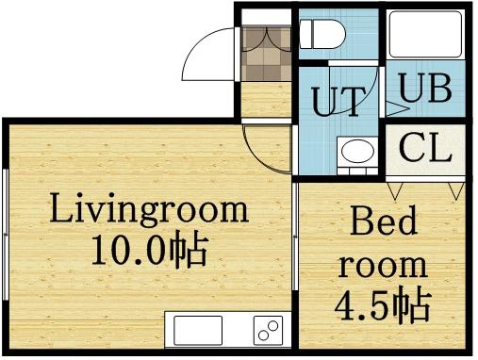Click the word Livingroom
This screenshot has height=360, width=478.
(x=148, y=208)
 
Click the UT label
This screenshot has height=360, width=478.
(x=337, y=101)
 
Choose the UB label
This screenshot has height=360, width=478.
(x=423, y=90)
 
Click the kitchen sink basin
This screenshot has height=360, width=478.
(x=197, y=331)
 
